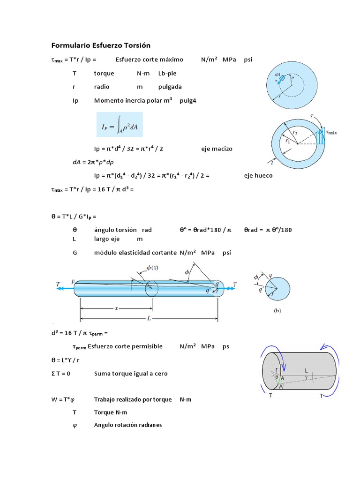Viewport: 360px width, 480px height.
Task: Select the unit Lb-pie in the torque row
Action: click(168, 73)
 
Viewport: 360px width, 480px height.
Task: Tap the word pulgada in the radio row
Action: click(170, 87)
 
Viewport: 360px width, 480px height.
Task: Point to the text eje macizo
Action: click(217, 149)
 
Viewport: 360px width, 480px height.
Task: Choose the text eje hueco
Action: click(258, 175)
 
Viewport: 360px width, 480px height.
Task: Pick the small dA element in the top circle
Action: click(280, 78)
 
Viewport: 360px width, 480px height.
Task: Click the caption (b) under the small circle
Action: click(277, 310)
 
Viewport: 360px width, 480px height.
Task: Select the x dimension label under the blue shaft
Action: click(116, 308)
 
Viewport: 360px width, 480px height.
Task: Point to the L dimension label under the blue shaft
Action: click(149, 319)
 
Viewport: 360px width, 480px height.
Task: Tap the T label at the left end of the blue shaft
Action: click(58, 284)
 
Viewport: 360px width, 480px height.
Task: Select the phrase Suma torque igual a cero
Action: click(131, 374)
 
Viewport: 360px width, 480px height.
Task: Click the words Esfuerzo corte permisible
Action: click(125, 346)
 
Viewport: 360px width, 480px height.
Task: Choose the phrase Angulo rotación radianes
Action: click(127, 425)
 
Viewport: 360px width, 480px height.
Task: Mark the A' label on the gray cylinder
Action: click(281, 387)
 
